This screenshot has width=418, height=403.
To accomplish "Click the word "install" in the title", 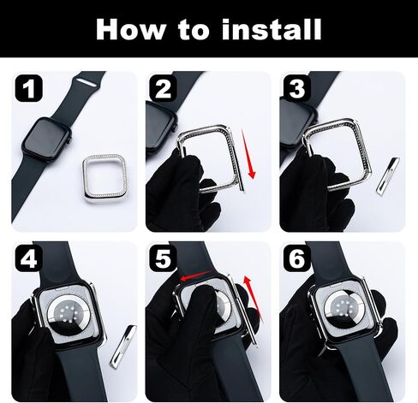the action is [x=272, y=29].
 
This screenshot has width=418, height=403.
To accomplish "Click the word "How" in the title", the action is [x=131, y=29].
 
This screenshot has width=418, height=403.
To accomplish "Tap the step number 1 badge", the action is [x=28, y=88].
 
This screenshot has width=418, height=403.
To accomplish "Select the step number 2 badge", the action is [x=163, y=88].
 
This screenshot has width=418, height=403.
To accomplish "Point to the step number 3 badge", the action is [x=297, y=88].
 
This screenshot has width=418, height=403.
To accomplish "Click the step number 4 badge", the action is [x=28, y=258].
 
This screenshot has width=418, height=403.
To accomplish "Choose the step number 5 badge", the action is [x=163, y=258].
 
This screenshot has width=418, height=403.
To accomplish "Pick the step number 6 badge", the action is [x=297, y=258].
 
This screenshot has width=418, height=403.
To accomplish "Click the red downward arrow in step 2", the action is [x=248, y=154].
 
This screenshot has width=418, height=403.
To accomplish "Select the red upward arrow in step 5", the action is [x=253, y=299].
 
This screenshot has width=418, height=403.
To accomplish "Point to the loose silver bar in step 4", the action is [x=123, y=347].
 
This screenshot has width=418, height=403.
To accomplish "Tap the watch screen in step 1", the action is [x=46, y=138].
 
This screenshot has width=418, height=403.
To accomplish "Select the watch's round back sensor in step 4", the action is [x=66, y=314].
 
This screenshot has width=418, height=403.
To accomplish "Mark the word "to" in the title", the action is [x=194, y=30].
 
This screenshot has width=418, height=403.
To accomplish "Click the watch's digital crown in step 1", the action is [x=69, y=139].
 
